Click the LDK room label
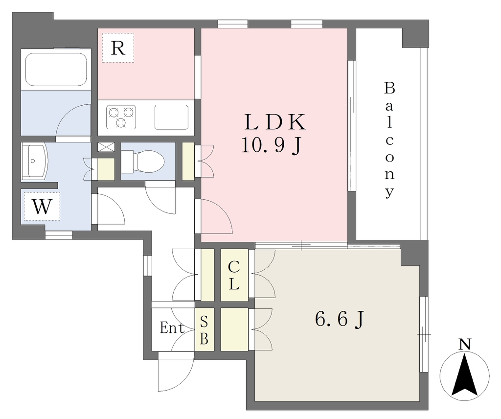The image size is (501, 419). [x=275, y=122]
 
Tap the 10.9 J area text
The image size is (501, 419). [x=271, y=145]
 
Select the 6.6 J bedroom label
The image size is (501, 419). [x=340, y=319]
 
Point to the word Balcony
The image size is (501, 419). [x=389, y=140]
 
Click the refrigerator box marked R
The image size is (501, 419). [x=118, y=48]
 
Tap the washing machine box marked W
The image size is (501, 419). [x=42, y=207]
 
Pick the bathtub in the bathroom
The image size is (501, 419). [x=56, y=70]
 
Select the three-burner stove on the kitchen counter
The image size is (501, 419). [x=121, y=117]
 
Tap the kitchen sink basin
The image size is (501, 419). [x=172, y=117]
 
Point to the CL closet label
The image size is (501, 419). [x=234, y=275]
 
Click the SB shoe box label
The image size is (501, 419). [x=204, y=330]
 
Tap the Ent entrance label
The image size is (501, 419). [x=172, y=328]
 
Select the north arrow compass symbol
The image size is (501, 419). [x=465, y=375]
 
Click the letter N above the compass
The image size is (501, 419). [x=465, y=344]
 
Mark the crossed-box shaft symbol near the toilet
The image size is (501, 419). [x=106, y=147]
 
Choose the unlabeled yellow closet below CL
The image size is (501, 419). [x=234, y=329]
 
